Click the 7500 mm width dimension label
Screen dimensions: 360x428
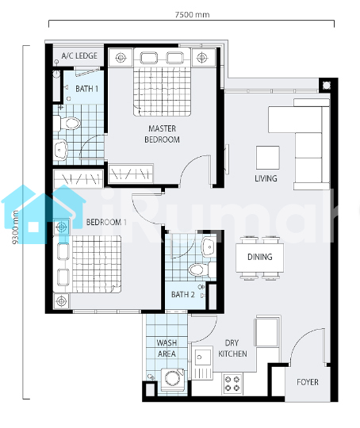(192, 14)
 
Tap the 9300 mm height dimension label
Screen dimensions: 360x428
(16, 227)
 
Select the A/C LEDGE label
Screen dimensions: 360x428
(79, 56)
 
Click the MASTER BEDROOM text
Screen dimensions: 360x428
(162, 134)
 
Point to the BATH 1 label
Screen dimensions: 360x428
(87, 89)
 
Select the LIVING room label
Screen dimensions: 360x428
(266, 178)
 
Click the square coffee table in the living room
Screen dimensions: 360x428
(268, 158)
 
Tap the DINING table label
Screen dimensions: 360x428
(260, 257)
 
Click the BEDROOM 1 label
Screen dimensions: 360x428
(106, 222)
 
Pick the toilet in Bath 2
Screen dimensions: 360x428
(202, 269)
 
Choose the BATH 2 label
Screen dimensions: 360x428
(182, 295)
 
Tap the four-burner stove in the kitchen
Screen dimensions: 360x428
(232, 384)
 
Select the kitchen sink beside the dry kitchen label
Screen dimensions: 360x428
(202, 357)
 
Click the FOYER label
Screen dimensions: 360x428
(308, 382)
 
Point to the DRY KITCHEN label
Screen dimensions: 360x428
(232, 348)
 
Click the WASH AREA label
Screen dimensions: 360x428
(167, 348)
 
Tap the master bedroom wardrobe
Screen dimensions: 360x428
(131, 174)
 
